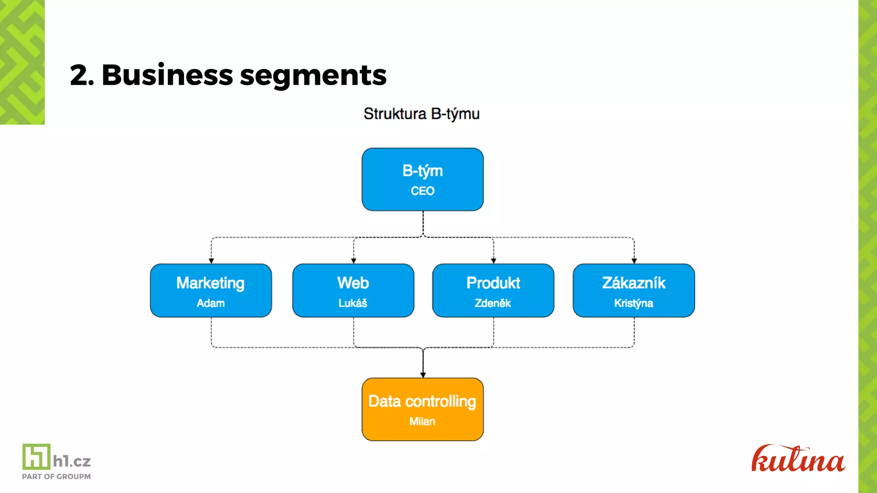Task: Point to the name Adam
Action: point(210,303)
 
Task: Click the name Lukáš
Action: point(352,303)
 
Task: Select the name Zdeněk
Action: point(492,303)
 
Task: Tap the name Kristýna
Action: point(633,303)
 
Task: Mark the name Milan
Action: point(422,422)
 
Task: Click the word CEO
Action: point(423,191)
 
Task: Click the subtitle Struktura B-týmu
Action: point(421,114)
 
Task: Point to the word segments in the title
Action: point(313,76)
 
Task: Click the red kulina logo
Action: point(798,459)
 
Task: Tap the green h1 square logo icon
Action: point(36,456)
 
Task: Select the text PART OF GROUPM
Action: point(56,476)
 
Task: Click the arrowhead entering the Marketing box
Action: point(211,261)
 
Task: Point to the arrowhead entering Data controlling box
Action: point(423,375)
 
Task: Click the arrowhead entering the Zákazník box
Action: point(634,261)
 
